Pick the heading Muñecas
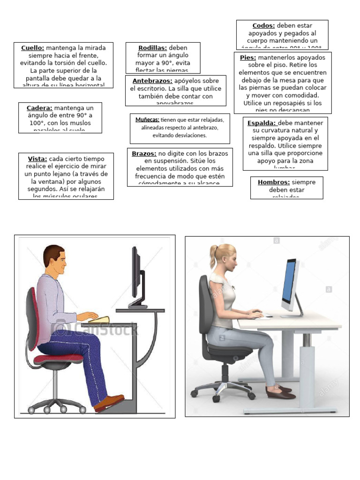tap(147, 120)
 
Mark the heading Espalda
tap(262, 123)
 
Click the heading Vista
tap(37, 158)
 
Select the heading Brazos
tap(144, 153)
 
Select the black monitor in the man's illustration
tap(135, 274)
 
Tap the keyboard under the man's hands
tap(99, 320)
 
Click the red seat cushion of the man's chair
tap(62, 359)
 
